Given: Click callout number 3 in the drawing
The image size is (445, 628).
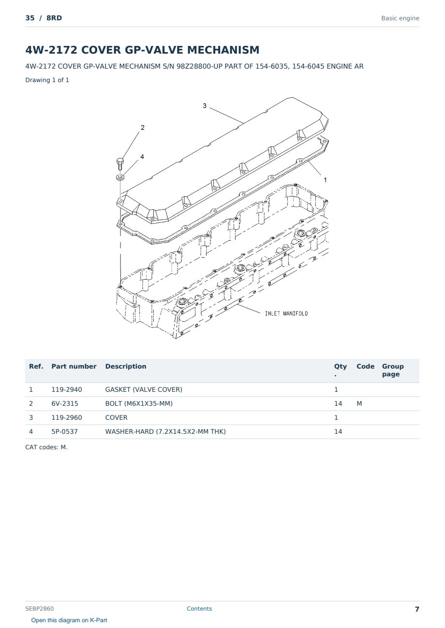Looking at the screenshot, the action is click(205, 106).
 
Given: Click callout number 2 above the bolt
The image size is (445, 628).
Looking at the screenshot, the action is click(143, 128).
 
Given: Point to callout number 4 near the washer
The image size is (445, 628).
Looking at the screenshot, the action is click(142, 157).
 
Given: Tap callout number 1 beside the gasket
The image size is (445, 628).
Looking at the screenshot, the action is click(325, 180).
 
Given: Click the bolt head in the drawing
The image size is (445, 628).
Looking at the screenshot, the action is click(120, 161).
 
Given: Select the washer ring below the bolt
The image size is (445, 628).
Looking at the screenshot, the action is click(120, 177).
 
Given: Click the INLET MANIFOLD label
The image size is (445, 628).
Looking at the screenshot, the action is click(286, 314).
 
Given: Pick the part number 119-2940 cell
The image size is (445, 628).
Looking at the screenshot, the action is click(67, 389).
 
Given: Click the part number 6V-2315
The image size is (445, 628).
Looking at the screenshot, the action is click(65, 403).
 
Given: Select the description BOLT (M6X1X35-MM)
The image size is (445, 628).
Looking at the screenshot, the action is click(139, 403).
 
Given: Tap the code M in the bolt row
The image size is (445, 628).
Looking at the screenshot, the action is click(359, 403).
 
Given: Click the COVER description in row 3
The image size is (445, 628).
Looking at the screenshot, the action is click(116, 417).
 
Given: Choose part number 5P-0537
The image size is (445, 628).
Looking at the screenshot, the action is click(64, 431).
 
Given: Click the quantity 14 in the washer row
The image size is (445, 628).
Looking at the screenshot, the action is click(338, 431).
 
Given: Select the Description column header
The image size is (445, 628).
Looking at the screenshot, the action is click(125, 366).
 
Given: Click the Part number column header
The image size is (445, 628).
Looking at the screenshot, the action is click(74, 366).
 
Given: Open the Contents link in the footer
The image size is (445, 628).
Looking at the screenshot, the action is click(199, 608).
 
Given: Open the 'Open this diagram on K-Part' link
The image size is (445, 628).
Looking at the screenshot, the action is click(69, 620).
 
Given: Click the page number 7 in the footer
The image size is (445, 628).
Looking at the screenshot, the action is click(417, 609).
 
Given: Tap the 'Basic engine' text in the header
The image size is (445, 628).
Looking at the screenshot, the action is click(400, 18).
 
